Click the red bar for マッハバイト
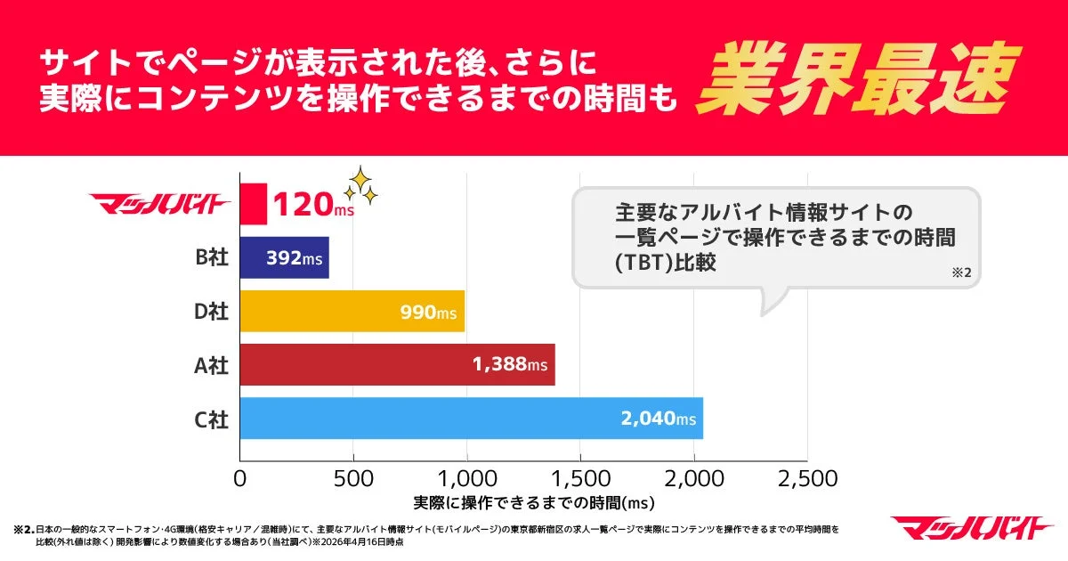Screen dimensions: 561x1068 (x=253, y=205)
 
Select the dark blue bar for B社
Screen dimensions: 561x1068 (x=284, y=258)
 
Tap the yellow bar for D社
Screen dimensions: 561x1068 (x=352, y=312)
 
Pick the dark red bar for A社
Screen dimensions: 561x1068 (x=397, y=365)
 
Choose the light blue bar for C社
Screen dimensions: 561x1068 (x=471, y=419)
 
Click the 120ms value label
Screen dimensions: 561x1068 (x=312, y=206)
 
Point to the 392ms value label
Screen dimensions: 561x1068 (x=294, y=259)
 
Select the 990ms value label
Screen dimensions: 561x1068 (x=428, y=313)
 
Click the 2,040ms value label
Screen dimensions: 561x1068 (x=658, y=419)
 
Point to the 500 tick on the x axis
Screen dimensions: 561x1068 (x=353, y=478)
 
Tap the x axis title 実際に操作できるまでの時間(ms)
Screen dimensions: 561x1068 (x=534, y=503)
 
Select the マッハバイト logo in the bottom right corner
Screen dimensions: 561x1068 (x=972, y=528)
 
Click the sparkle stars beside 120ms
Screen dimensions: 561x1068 (x=360, y=185)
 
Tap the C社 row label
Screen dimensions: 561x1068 (x=212, y=419)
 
